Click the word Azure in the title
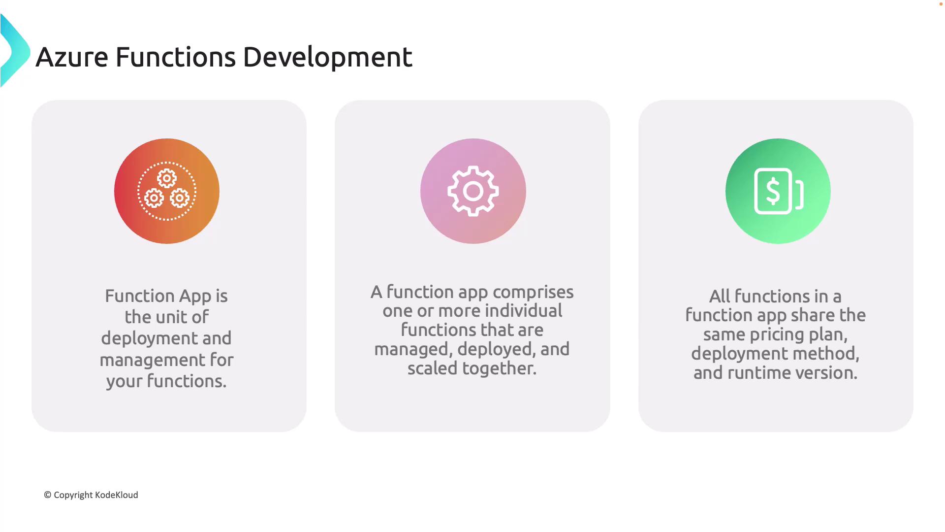72,57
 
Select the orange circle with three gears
167,191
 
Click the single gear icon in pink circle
473,191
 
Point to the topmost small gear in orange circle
167,178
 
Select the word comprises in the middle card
533,293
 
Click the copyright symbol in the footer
48,495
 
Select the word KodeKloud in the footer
117,495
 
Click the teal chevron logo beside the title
15,51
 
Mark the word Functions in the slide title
176,57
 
